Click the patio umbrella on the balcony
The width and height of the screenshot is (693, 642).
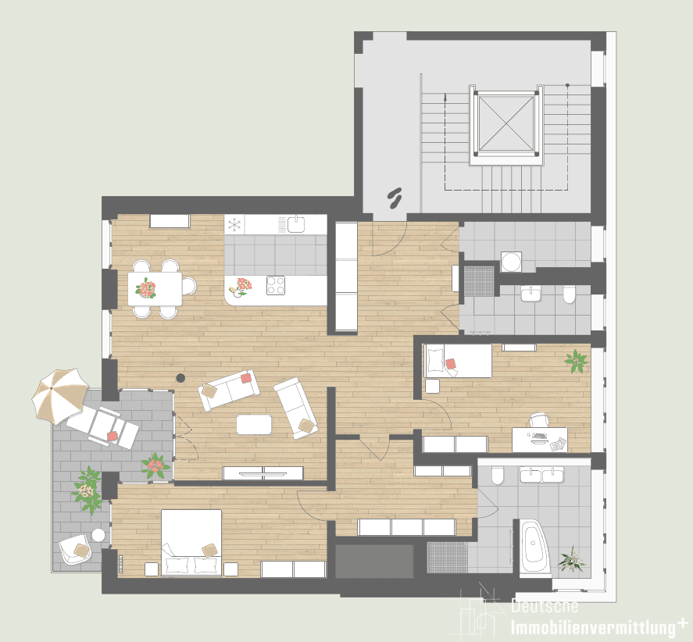pos(60,395)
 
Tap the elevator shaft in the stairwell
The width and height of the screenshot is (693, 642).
pos(506,124)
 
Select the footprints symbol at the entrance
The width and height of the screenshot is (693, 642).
pos(395,198)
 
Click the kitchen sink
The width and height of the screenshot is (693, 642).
pos(295,224)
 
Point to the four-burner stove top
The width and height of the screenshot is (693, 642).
pos(276,285)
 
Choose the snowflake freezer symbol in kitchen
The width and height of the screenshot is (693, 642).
pos(234,225)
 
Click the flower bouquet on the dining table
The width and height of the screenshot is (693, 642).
pos(146,288)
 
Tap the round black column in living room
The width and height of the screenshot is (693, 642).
pos(180,378)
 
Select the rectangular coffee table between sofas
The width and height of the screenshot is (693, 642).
pos(254,424)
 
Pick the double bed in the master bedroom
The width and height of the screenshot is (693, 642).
pos(191,543)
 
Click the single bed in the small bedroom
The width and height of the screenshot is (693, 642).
pos(458,361)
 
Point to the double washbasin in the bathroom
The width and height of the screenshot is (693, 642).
pos(541,475)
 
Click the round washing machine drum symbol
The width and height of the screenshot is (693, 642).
pos(512,262)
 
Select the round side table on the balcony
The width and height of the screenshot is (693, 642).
pos(98,535)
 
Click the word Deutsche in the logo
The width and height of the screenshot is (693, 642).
pos(545,606)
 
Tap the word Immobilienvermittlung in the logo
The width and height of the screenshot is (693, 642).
pos(593,627)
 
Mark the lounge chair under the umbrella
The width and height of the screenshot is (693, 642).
pos(102,426)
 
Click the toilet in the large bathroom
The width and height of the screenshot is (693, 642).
pos(498,476)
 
